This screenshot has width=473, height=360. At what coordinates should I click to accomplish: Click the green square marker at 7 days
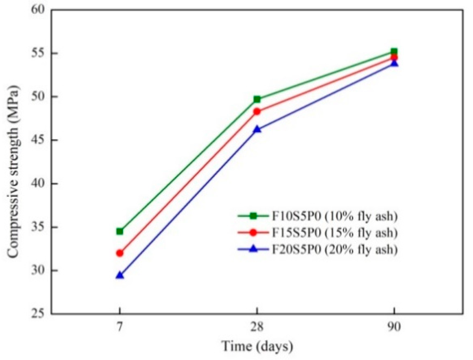point(120,231)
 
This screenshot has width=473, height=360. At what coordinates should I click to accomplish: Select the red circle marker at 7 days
point(120,253)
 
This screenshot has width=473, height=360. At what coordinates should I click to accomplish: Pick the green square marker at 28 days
point(257,99)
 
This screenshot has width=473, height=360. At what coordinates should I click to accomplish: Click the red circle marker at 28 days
point(257,112)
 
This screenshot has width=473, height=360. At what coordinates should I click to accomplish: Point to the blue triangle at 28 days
point(257,129)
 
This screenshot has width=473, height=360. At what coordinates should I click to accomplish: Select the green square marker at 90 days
point(394,51)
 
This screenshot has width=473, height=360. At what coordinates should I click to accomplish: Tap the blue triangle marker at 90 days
point(394,63)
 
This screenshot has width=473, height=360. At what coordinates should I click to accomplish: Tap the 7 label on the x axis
point(120,327)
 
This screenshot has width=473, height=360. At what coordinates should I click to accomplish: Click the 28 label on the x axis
point(257,327)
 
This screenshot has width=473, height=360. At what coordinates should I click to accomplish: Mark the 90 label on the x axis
point(394,327)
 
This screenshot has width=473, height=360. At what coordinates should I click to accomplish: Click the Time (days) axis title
point(257,346)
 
